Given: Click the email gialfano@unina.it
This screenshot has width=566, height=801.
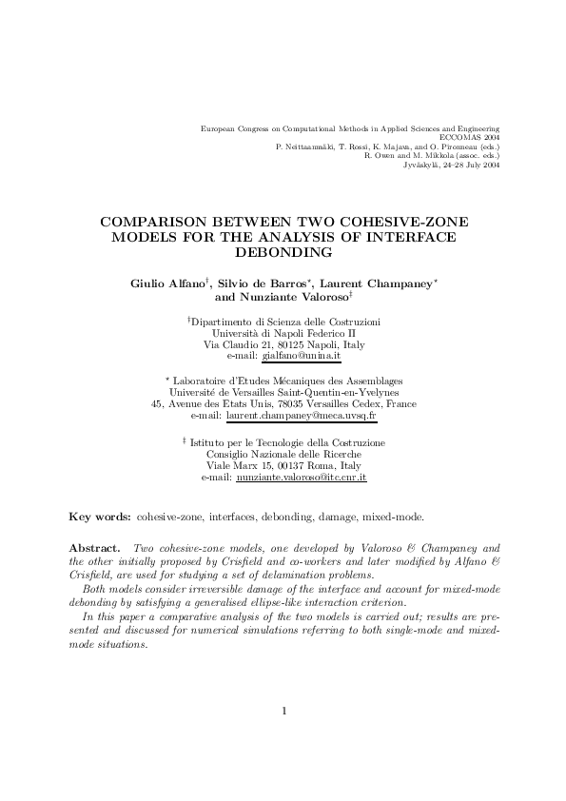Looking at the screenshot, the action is [x=301, y=357].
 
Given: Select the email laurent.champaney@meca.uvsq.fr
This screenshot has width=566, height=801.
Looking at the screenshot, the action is [x=303, y=416].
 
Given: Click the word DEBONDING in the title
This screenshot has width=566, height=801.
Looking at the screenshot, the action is [x=283, y=253].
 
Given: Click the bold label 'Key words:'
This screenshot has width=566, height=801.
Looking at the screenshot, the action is [x=101, y=518].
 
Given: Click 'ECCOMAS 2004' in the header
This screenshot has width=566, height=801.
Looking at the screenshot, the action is [x=473, y=137].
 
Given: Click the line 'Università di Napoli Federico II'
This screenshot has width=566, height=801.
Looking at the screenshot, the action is [x=283, y=335].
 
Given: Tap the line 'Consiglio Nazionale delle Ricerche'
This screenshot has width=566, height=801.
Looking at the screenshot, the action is [x=283, y=455].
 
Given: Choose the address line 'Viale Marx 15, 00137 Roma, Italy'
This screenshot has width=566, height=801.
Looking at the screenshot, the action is [x=283, y=466].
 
